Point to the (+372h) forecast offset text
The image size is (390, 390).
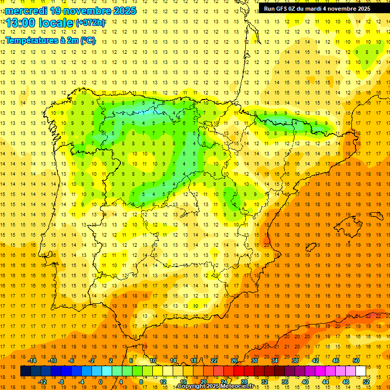tap(90, 23)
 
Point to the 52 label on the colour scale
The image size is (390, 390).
tap(366, 382)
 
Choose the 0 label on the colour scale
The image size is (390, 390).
tap(100, 382)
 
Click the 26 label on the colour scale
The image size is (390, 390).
tap(234, 361)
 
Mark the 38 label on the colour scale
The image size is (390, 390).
tap(295, 361)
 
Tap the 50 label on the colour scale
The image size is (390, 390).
tap(356, 361)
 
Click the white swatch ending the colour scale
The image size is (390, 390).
tap(361, 371)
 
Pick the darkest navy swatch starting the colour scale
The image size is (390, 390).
tap(25, 371)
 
